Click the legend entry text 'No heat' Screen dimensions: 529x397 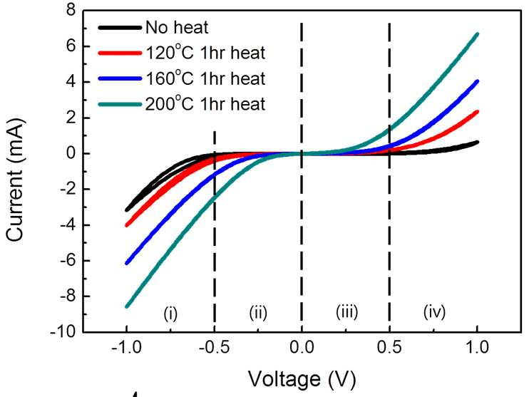click(x=177, y=27)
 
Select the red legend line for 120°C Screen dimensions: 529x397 click(x=120, y=53)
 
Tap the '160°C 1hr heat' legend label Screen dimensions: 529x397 click(x=205, y=78)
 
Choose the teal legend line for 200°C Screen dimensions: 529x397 click(x=120, y=104)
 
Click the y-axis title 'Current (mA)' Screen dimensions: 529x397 click(x=15, y=180)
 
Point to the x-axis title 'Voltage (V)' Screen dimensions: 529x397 click(x=302, y=378)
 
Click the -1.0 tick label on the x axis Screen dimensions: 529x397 click(x=126, y=346)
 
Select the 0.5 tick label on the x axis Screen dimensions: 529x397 click(x=389, y=346)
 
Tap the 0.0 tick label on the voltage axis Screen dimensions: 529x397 click(x=302, y=346)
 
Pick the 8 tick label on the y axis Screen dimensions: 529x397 click(x=71, y=10)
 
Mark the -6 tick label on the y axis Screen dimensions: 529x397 click(x=67, y=261)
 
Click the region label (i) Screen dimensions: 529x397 click(x=170, y=314)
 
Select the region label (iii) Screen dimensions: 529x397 click(x=346, y=311)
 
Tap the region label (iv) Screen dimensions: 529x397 click(x=435, y=311)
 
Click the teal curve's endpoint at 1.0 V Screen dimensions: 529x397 click(x=477, y=34)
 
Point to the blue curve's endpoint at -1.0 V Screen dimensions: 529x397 click(x=127, y=263)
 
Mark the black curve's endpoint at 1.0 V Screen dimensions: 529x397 click(x=477, y=143)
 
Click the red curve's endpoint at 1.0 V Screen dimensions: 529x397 click(x=477, y=112)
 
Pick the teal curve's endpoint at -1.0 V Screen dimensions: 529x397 click(x=127, y=306)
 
